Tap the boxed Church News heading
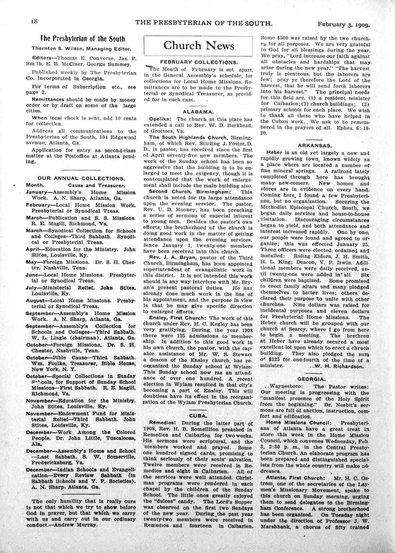(198, 46)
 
